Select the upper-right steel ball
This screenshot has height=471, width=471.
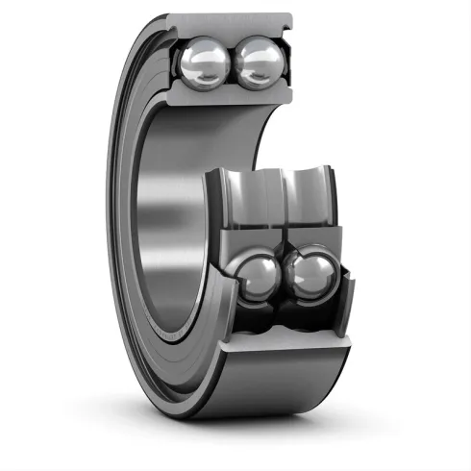click(x=260, y=64)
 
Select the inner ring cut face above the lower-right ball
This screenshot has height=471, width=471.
click(x=306, y=235)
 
